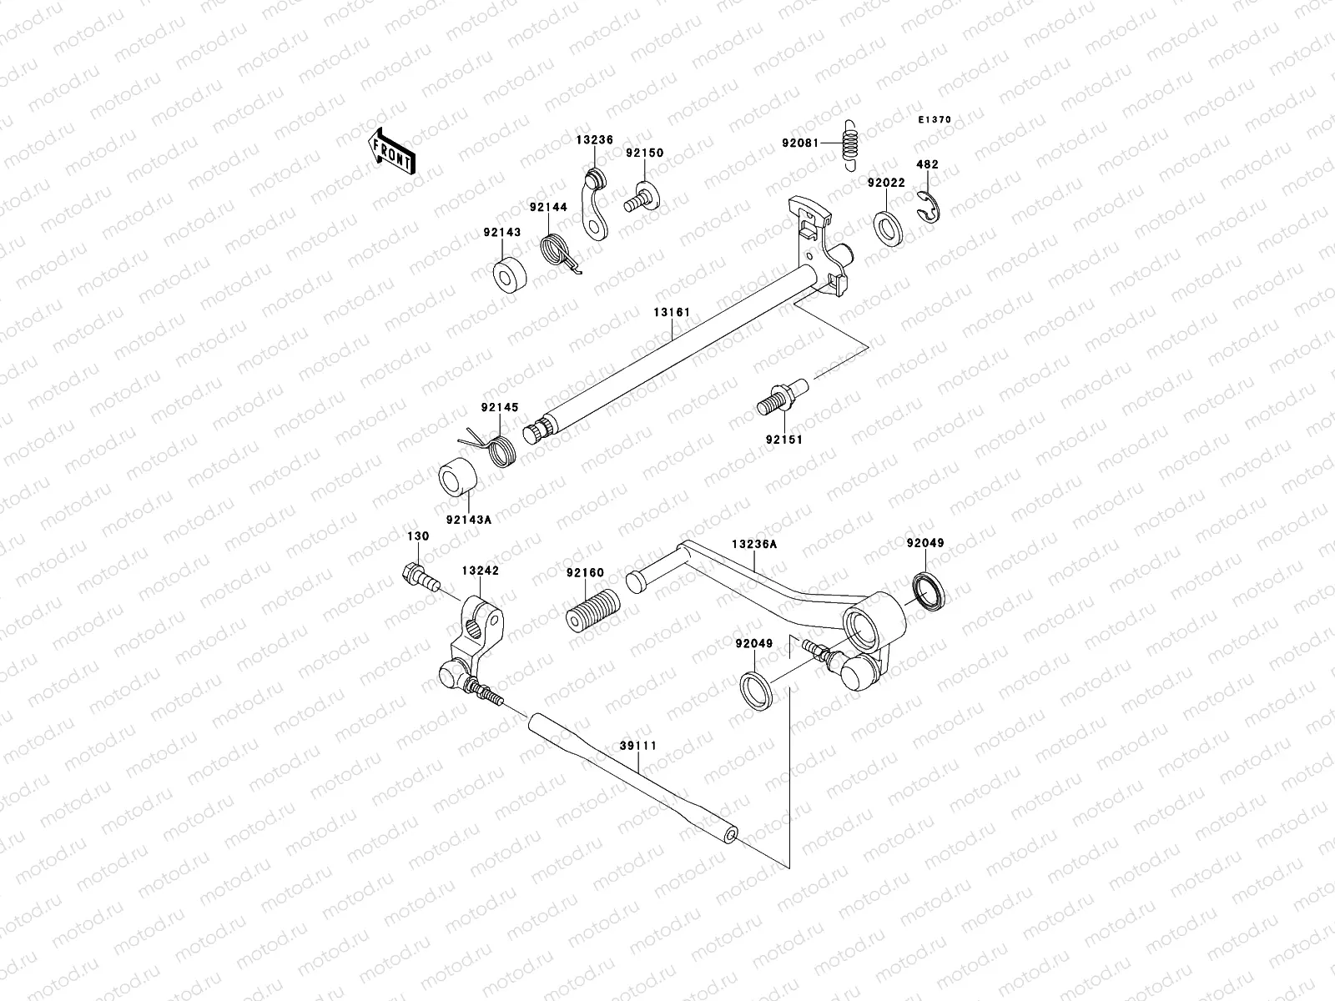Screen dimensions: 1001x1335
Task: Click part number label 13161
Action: (672, 313)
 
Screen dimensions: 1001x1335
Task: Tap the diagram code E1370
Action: (934, 120)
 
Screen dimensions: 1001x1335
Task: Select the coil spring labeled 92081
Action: (851, 143)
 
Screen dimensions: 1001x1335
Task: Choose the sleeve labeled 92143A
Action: (458, 477)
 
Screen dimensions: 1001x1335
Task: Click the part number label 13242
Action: (480, 571)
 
